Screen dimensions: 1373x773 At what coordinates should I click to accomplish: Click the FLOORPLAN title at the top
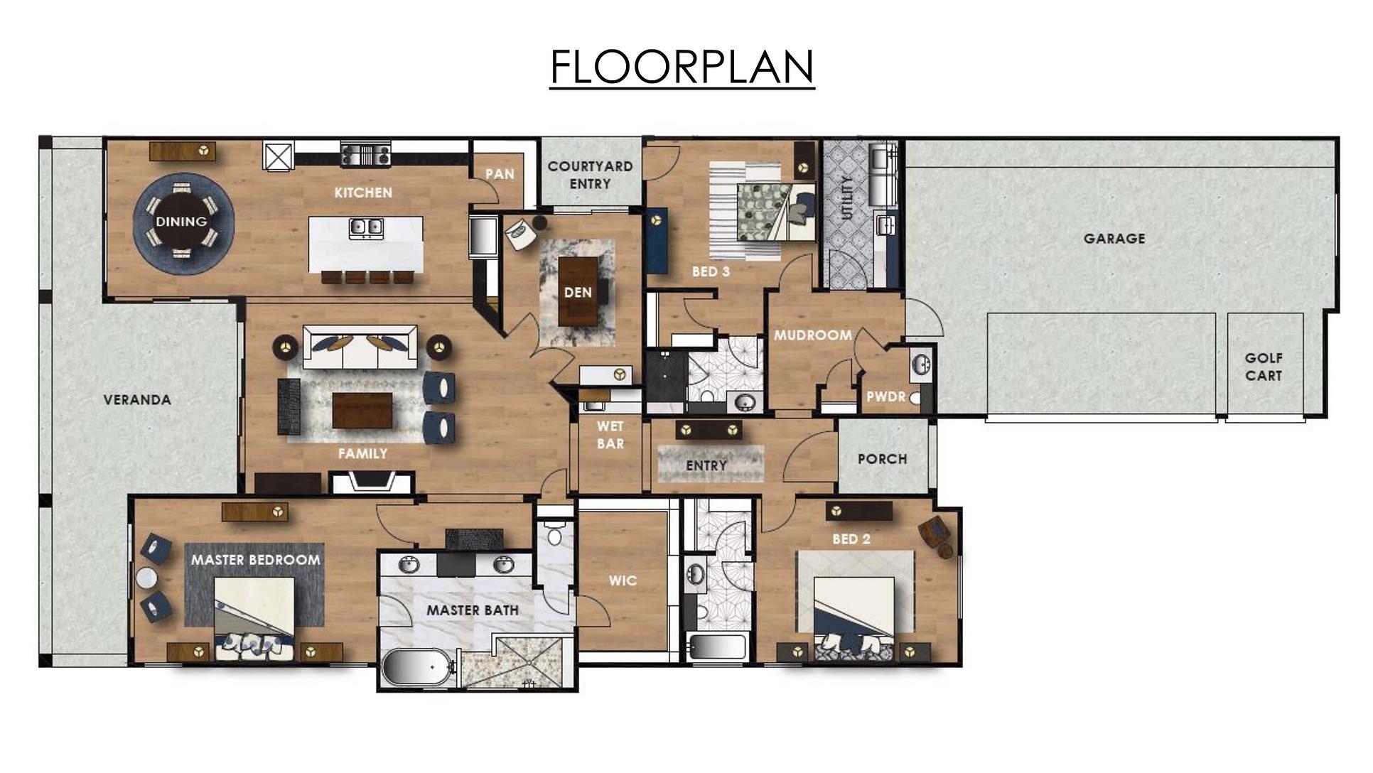pyautogui.click(x=682, y=67)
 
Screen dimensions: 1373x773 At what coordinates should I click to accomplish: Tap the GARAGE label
pyautogui.click(x=1114, y=239)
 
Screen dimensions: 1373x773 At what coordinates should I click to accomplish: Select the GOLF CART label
pyautogui.click(x=1264, y=367)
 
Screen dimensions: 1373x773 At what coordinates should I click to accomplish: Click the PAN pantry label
pyautogui.click(x=500, y=174)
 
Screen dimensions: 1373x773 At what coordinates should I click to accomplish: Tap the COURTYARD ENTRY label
pyautogui.click(x=590, y=175)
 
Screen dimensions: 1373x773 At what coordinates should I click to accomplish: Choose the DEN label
pyautogui.click(x=578, y=292)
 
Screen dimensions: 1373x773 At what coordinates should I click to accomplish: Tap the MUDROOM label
pyautogui.click(x=812, y=335)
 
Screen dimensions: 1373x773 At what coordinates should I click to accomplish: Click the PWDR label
pyautogui.click(x=885, y=396)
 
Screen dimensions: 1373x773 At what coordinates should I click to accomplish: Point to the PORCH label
pyautogui.click(x=882, y=459)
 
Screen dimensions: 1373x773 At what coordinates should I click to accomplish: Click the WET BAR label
pyautogui.click(x=610, y=435)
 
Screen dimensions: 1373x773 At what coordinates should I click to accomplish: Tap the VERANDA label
pyautogui.click(x=137, y=400)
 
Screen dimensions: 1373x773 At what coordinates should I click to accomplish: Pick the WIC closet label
pyautogui.click(x=623, y=580)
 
